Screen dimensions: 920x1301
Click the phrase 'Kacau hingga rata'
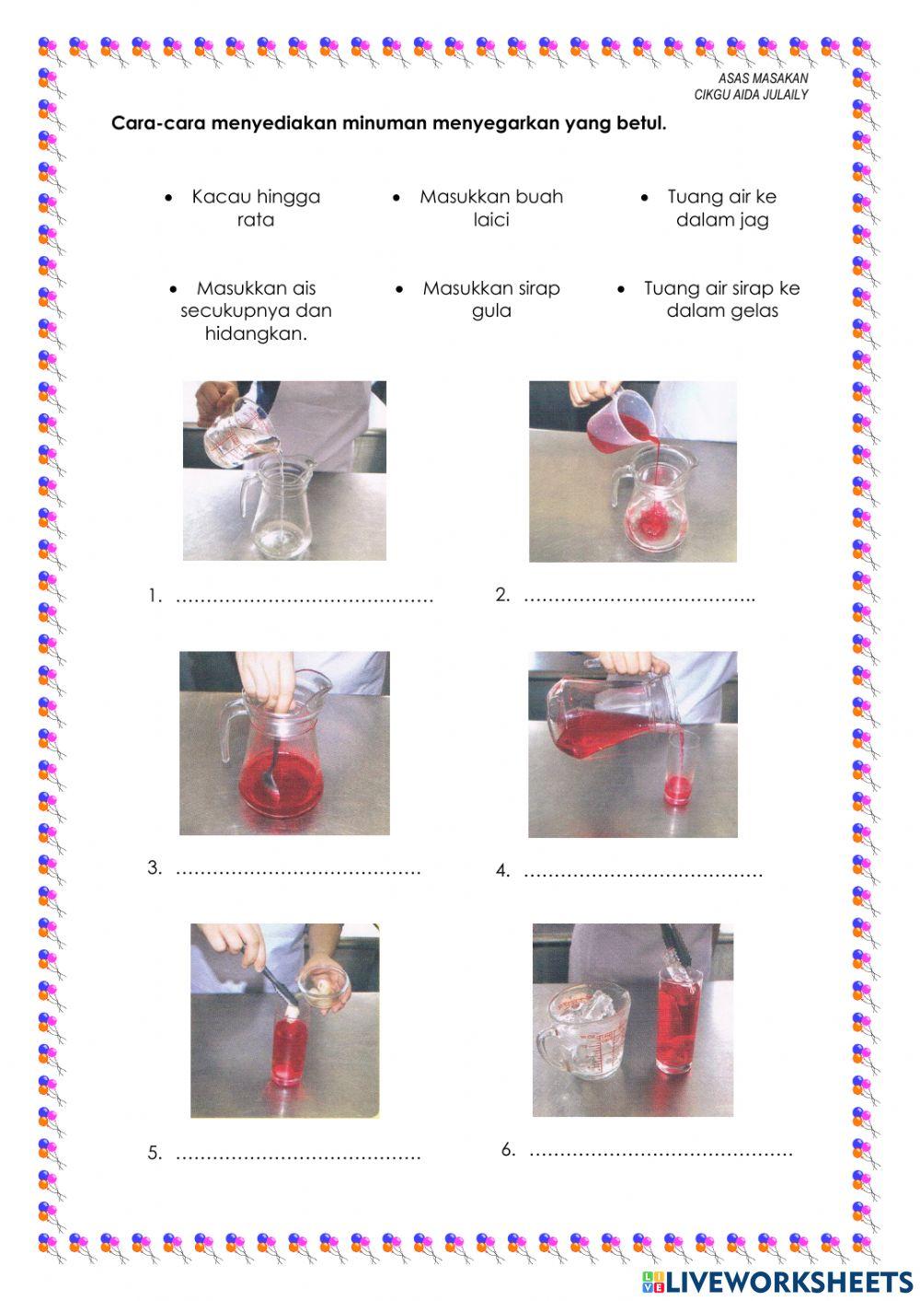(256, 208)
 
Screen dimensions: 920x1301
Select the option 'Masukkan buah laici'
(491, 208)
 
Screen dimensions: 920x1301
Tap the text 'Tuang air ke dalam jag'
(722, 208)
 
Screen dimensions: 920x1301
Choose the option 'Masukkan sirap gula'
(491, 299)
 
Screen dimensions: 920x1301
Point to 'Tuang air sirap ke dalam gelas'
(722, 299)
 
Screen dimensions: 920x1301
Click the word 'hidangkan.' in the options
(256, 333)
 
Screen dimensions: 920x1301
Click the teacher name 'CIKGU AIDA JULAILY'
(751, 95)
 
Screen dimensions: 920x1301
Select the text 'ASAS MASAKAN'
(764, 78)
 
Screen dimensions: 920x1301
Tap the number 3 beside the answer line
(154, 867)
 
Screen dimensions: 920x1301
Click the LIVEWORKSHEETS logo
(777, 1283)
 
